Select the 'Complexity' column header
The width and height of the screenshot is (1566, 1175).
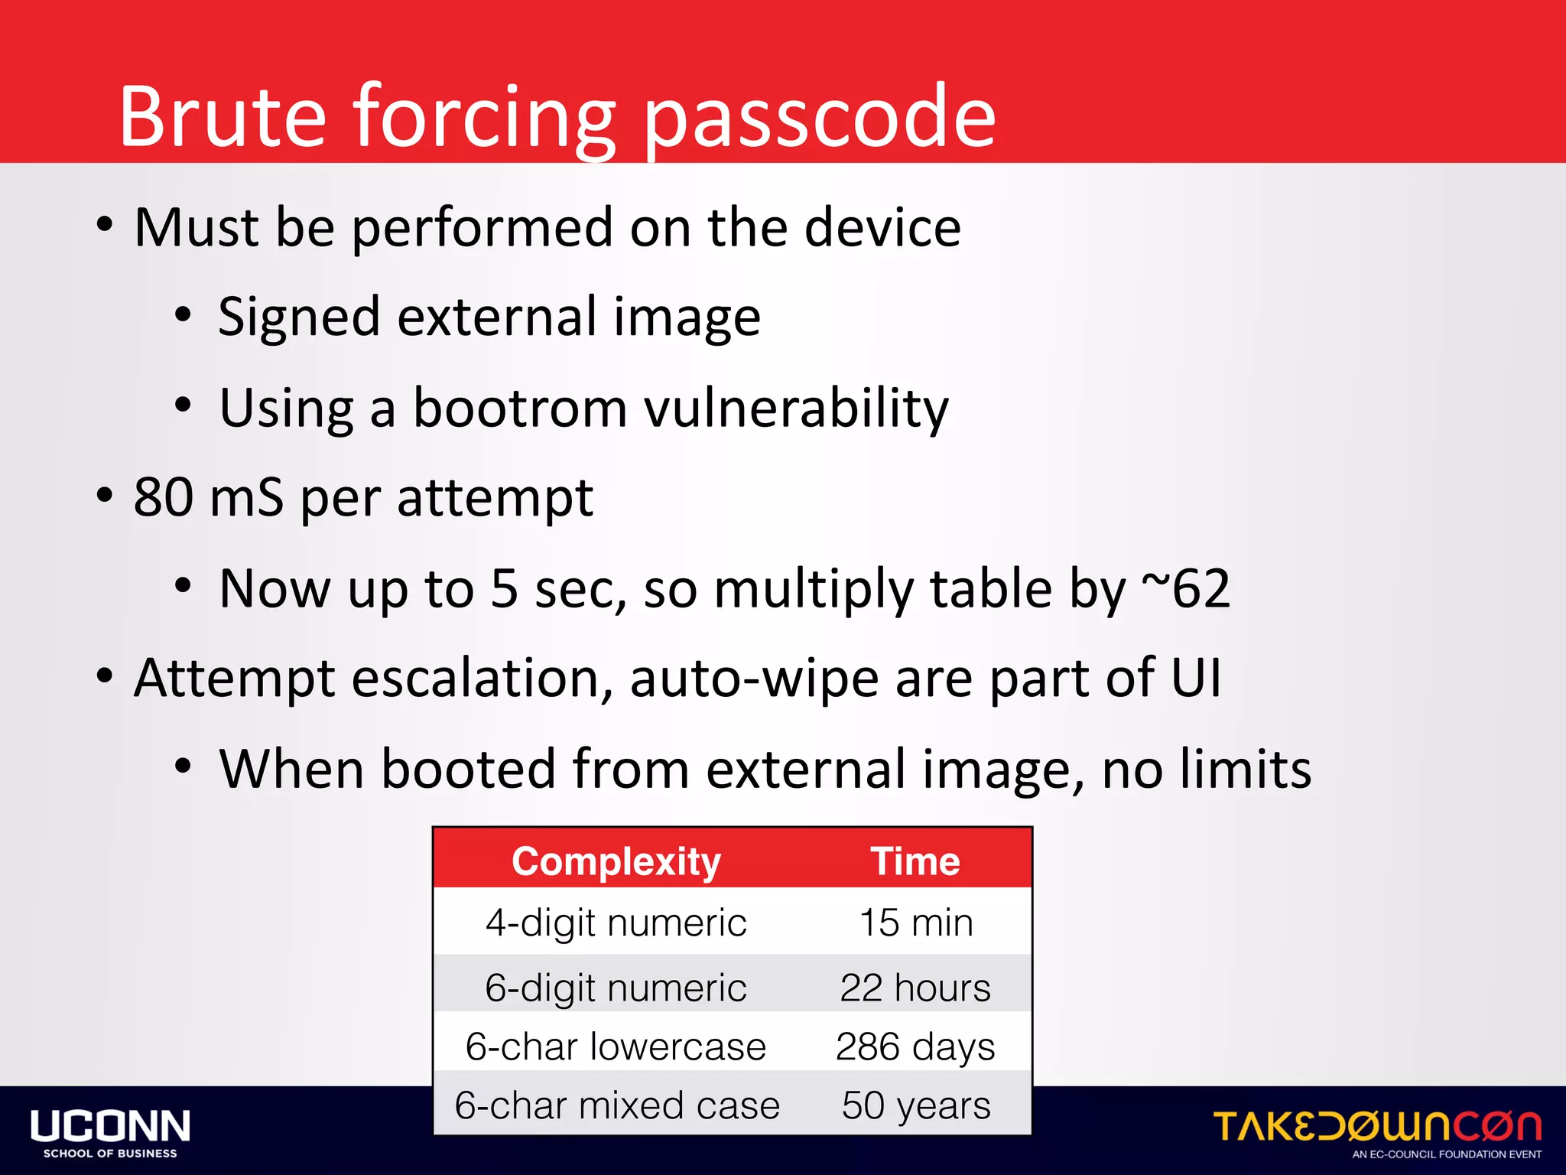(616, 861)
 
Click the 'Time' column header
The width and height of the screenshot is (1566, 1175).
(915, 861)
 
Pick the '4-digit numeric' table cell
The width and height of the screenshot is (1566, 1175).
(616, 923)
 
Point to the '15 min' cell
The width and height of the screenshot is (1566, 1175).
(916, 923)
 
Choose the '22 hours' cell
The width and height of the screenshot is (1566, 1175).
(915, 988)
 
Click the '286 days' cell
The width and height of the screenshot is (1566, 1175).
(915, 1046)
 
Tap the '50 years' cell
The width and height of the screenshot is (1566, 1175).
(916, 1105)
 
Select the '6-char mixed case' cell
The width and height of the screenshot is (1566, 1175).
(616, 1105)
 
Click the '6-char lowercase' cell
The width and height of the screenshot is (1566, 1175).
(616, 1046)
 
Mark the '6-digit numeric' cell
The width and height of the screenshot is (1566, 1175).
(616, 988)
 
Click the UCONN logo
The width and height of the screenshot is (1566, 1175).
(111, 1132)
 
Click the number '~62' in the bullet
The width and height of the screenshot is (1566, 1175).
(1186, 588)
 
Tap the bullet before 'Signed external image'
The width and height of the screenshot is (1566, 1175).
(182, 314)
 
